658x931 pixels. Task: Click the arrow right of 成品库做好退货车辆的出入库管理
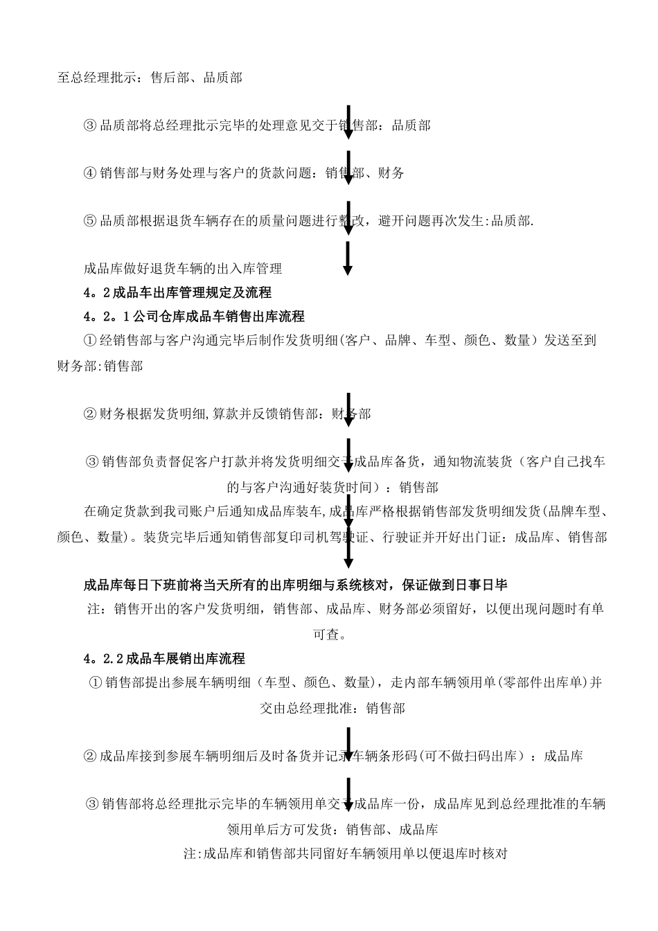pyautogui.click(x=348, y=258)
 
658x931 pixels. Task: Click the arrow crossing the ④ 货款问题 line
pyautogui.click(x=348, y=168)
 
